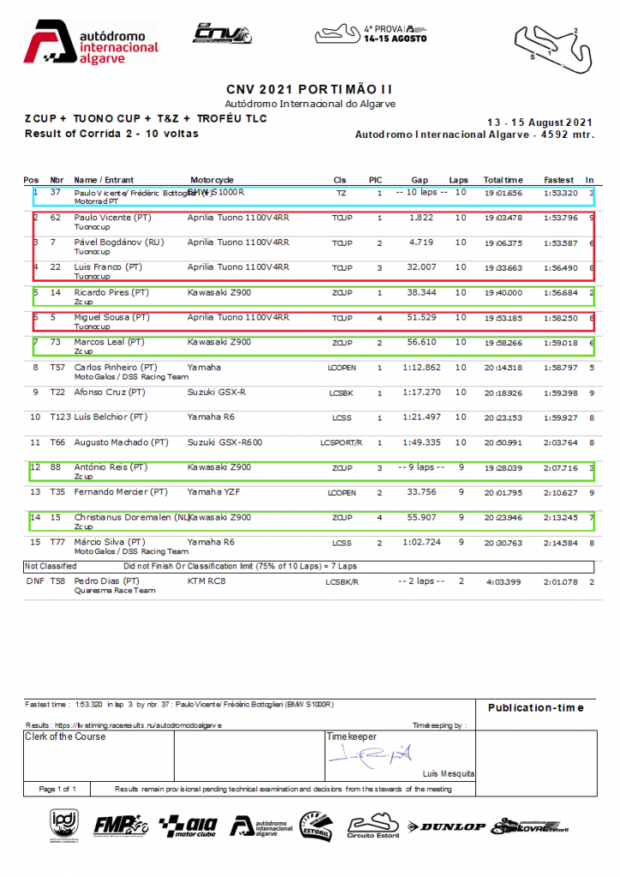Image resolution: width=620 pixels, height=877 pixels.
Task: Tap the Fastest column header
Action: [559, 180]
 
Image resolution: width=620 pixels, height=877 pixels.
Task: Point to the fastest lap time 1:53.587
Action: [561, 243]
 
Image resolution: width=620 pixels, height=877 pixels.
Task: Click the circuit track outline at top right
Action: [553, 43]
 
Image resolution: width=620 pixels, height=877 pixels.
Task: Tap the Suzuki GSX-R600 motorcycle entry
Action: [225, 442]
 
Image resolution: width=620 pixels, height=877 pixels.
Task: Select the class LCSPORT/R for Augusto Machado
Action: [341, 443]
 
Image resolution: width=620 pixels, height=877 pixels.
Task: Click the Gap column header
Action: [420, 180]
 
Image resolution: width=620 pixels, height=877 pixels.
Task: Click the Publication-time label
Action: [535, 707]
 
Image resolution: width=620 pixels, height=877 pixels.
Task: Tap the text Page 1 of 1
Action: [58, 789]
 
